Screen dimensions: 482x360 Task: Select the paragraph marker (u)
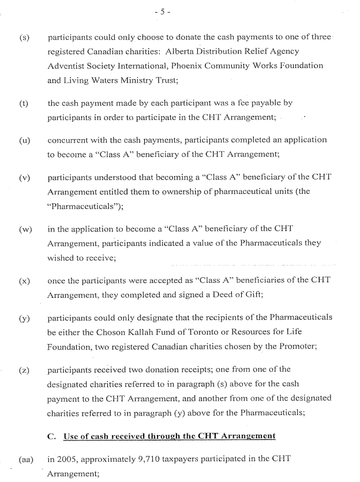(x=24, y=140)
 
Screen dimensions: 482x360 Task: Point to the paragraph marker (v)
(x=24, y=178)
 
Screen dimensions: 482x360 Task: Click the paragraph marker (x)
(x=24, y=281)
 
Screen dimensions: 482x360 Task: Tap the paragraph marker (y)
(x=24, y=318)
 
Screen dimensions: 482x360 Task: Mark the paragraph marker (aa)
(x=25, y=459)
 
